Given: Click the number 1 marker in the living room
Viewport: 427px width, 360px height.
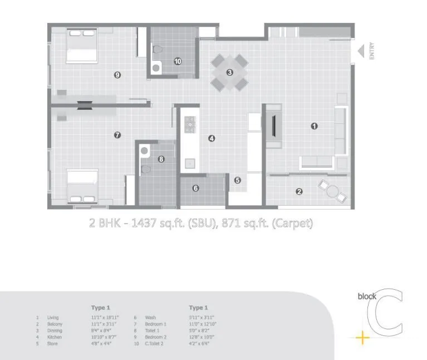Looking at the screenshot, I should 314,126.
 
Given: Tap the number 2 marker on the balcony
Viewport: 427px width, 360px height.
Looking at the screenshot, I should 299,192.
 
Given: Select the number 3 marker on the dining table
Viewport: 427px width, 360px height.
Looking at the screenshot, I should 229,72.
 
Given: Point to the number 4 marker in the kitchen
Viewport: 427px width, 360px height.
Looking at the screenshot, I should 212,139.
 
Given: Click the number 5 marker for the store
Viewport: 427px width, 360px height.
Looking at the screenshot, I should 237,180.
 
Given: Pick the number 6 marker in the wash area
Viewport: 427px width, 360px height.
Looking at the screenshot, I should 195,188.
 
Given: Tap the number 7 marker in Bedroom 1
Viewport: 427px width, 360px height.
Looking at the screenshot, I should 117,134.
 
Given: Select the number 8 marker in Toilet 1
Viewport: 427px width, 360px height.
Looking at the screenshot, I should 161,159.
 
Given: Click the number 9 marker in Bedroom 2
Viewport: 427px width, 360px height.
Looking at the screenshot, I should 117,75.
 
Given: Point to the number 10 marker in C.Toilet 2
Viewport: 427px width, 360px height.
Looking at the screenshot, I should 178,61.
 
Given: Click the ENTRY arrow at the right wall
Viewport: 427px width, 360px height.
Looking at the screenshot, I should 361,51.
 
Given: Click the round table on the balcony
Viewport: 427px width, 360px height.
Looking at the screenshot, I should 332,191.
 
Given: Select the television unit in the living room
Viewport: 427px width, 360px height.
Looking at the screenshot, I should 274,126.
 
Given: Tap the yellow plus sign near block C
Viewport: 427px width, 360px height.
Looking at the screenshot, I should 362,337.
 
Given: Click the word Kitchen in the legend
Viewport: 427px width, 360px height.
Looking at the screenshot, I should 53,337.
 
